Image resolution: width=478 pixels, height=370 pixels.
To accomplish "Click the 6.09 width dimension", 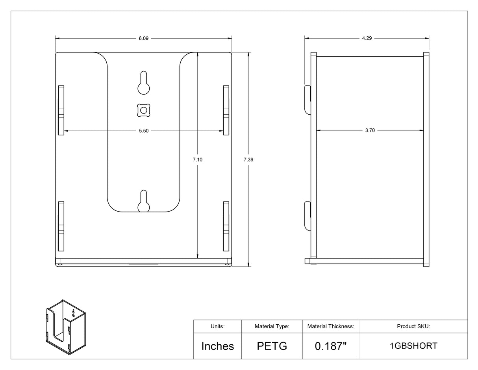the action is tap(143, 39).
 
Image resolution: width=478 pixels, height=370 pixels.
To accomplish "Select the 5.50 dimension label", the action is tap(144, 131).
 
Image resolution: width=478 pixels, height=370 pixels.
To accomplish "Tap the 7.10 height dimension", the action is tap(198, 160).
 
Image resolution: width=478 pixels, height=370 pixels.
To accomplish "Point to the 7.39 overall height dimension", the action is tap(248, 160).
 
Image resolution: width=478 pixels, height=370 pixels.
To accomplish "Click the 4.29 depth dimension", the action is tap(367, 38).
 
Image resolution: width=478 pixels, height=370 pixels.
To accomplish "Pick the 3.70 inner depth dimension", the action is tap(370, 130).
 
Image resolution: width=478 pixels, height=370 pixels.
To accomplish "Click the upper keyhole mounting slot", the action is tap(144, 83).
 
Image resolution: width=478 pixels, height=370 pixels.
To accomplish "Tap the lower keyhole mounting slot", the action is tap(144, 201).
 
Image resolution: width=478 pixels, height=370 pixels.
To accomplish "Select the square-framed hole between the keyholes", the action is tap(144, 110).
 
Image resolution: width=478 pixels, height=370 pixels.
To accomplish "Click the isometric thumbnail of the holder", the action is tap(66, 327).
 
